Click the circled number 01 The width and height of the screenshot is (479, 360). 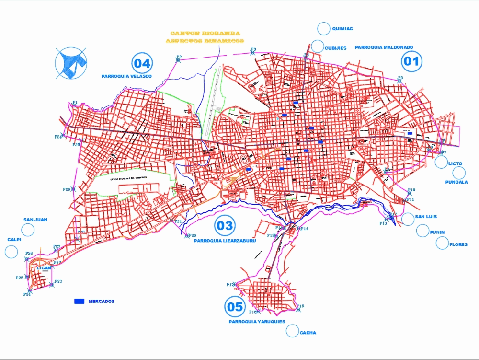pos(411,61)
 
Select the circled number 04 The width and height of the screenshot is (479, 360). pos(142,63)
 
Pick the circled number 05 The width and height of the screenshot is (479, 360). pos(235,307)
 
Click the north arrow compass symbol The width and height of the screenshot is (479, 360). pos(71,63)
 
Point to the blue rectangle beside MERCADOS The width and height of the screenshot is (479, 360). pos(79,301)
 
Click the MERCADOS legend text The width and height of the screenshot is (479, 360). pos(102,301)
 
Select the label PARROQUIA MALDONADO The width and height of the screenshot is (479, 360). pos(384,47)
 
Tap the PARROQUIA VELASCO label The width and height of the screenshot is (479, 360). pos(126,76)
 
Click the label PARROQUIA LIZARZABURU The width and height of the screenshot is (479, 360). pos(225,241)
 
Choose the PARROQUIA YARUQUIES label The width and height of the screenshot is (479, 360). pos(257,322)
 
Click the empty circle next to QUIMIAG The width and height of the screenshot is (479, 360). pos(324,28)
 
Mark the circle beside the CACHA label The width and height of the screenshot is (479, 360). pos(292,330)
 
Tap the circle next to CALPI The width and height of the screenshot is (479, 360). pos(11,251)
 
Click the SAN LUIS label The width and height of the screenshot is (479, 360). pos(426,217)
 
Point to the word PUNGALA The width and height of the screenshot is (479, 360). pos(456,182)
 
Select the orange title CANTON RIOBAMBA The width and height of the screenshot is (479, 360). pos(205,34)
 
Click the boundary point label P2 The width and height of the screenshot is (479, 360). pos(179,57)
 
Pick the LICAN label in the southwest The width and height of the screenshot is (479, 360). pos(44,268)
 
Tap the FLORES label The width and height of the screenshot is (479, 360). pos(458,245)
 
